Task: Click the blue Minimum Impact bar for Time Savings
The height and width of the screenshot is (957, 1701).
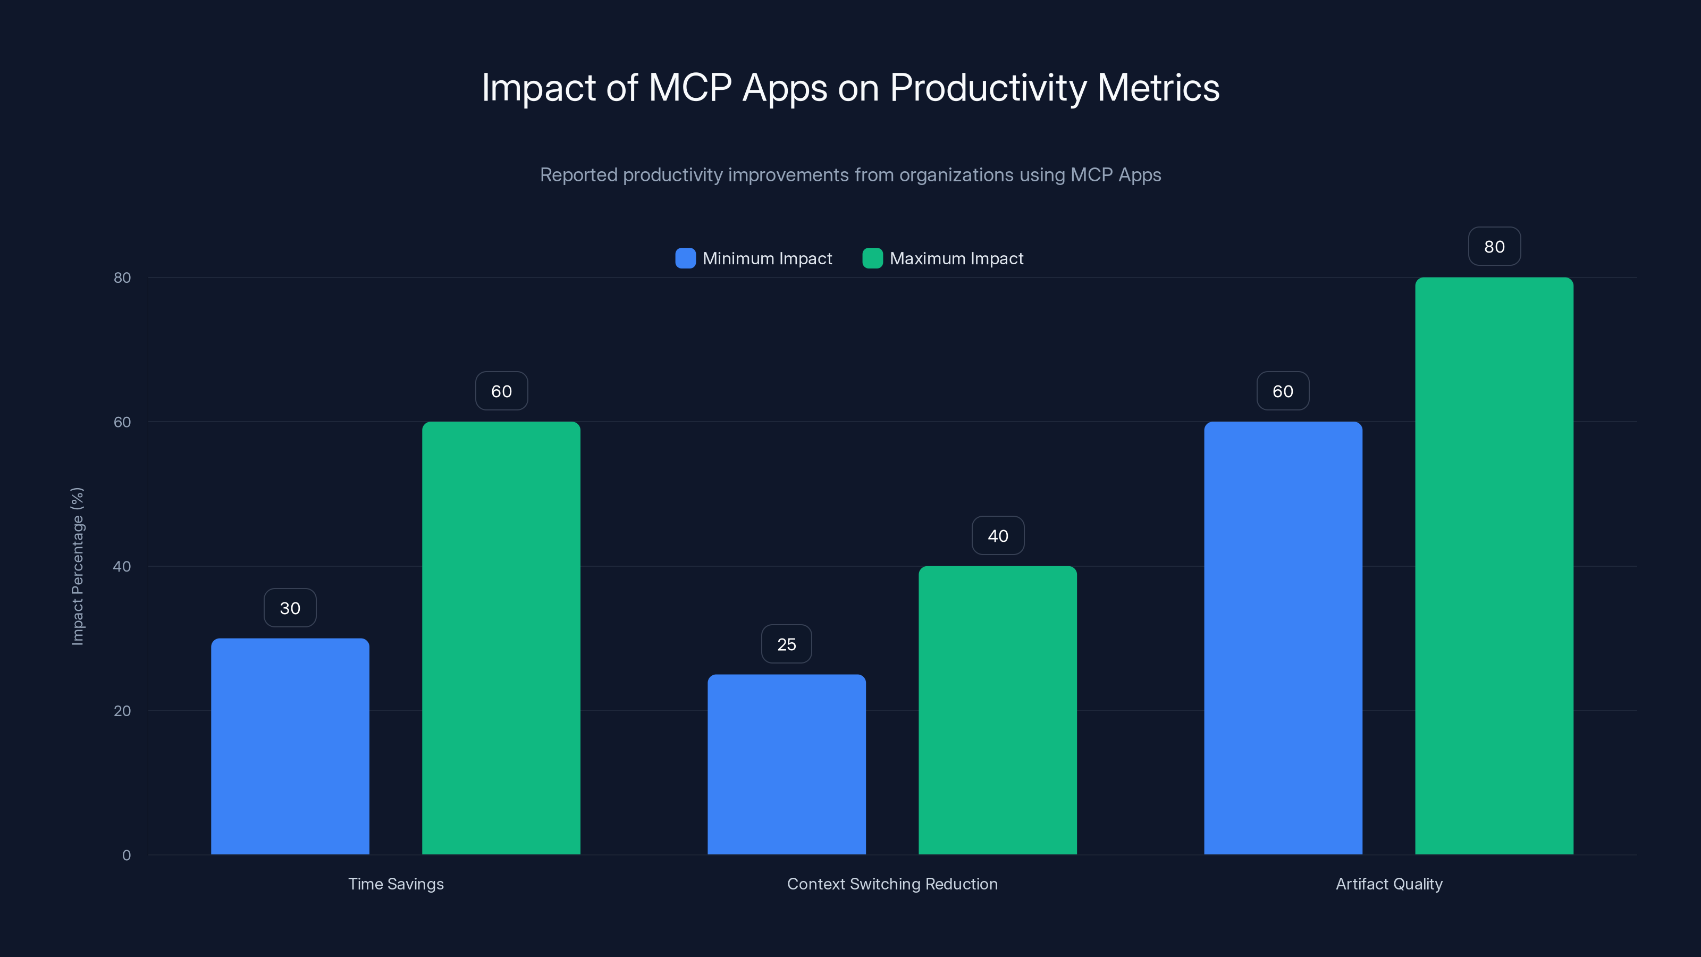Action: click(x=290, y=746)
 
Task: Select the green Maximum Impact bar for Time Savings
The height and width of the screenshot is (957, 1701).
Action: click(x=501, y=638)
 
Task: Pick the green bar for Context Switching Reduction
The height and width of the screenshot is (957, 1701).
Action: click(x=998, y=710)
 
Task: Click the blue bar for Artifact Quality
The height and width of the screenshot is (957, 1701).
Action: click(x=1283, y=638)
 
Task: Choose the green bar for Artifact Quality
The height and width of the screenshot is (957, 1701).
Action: click(x=1494, y=566)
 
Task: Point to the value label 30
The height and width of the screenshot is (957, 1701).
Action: click(x=290, y=608)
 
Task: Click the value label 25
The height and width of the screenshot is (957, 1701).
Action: click(x=787, y=644)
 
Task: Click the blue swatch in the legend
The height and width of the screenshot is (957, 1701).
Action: click(x=685, y=258)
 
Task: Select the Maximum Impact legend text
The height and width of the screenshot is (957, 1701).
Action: click(x=956, y=258)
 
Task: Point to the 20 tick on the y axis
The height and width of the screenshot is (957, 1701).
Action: click(x=122, y=711)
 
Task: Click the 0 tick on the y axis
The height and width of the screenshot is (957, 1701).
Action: click(x=126, y=855)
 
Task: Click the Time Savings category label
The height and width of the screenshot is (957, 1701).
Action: click(x=395, y=884)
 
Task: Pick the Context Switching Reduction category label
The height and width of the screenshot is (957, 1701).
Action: click(x=892, y=884)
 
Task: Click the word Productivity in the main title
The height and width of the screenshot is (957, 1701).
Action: click(x=988, y=88)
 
